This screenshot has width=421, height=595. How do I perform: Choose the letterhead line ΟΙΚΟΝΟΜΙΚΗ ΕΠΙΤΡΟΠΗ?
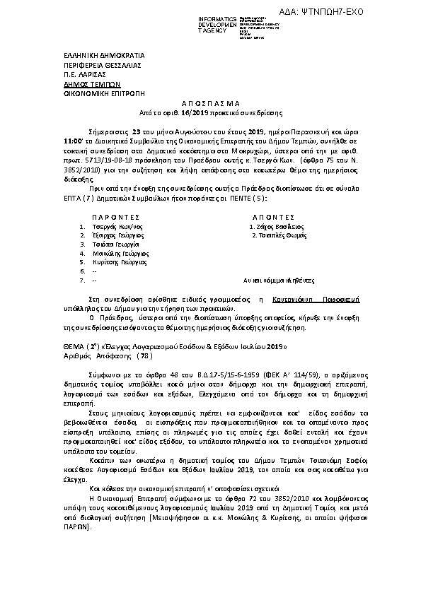coord(93,92)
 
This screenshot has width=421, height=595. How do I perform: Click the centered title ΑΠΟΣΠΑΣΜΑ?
coord(212,103)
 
